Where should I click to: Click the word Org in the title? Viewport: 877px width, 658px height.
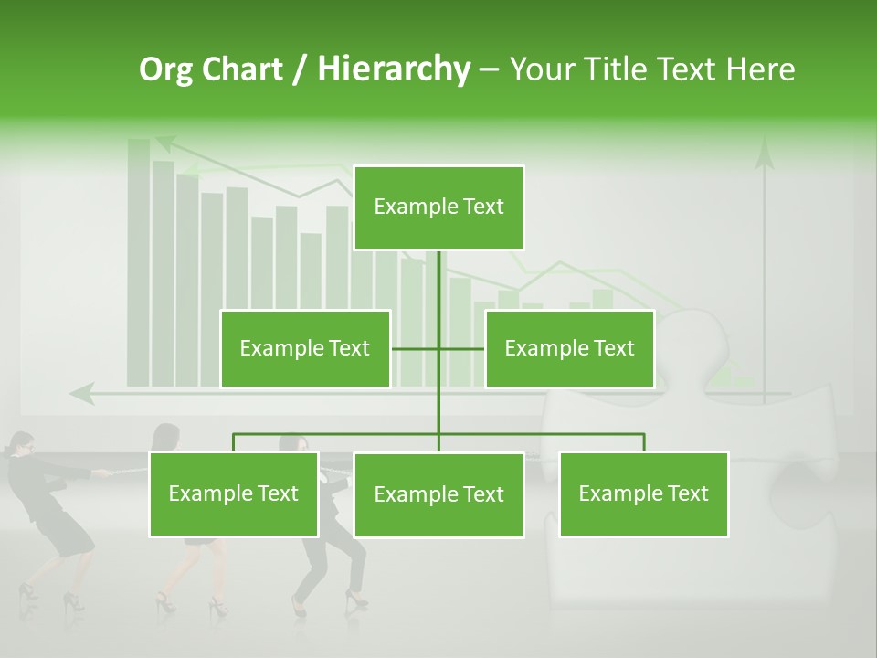tap(165, 69)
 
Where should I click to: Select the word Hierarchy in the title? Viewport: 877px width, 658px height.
tap(394, 69)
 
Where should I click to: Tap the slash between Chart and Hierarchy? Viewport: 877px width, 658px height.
tap(300, 70)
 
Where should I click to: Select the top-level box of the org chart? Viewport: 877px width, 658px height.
tap(438, 207)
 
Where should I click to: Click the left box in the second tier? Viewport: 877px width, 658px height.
tap(305, 348)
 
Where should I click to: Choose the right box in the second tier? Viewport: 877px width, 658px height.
tap(569, 348)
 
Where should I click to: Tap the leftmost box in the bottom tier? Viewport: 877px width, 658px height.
tap(234, 493)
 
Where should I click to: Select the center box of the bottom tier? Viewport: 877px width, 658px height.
tap(438, 494)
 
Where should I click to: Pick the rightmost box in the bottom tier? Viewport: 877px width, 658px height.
tap(643, 493)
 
